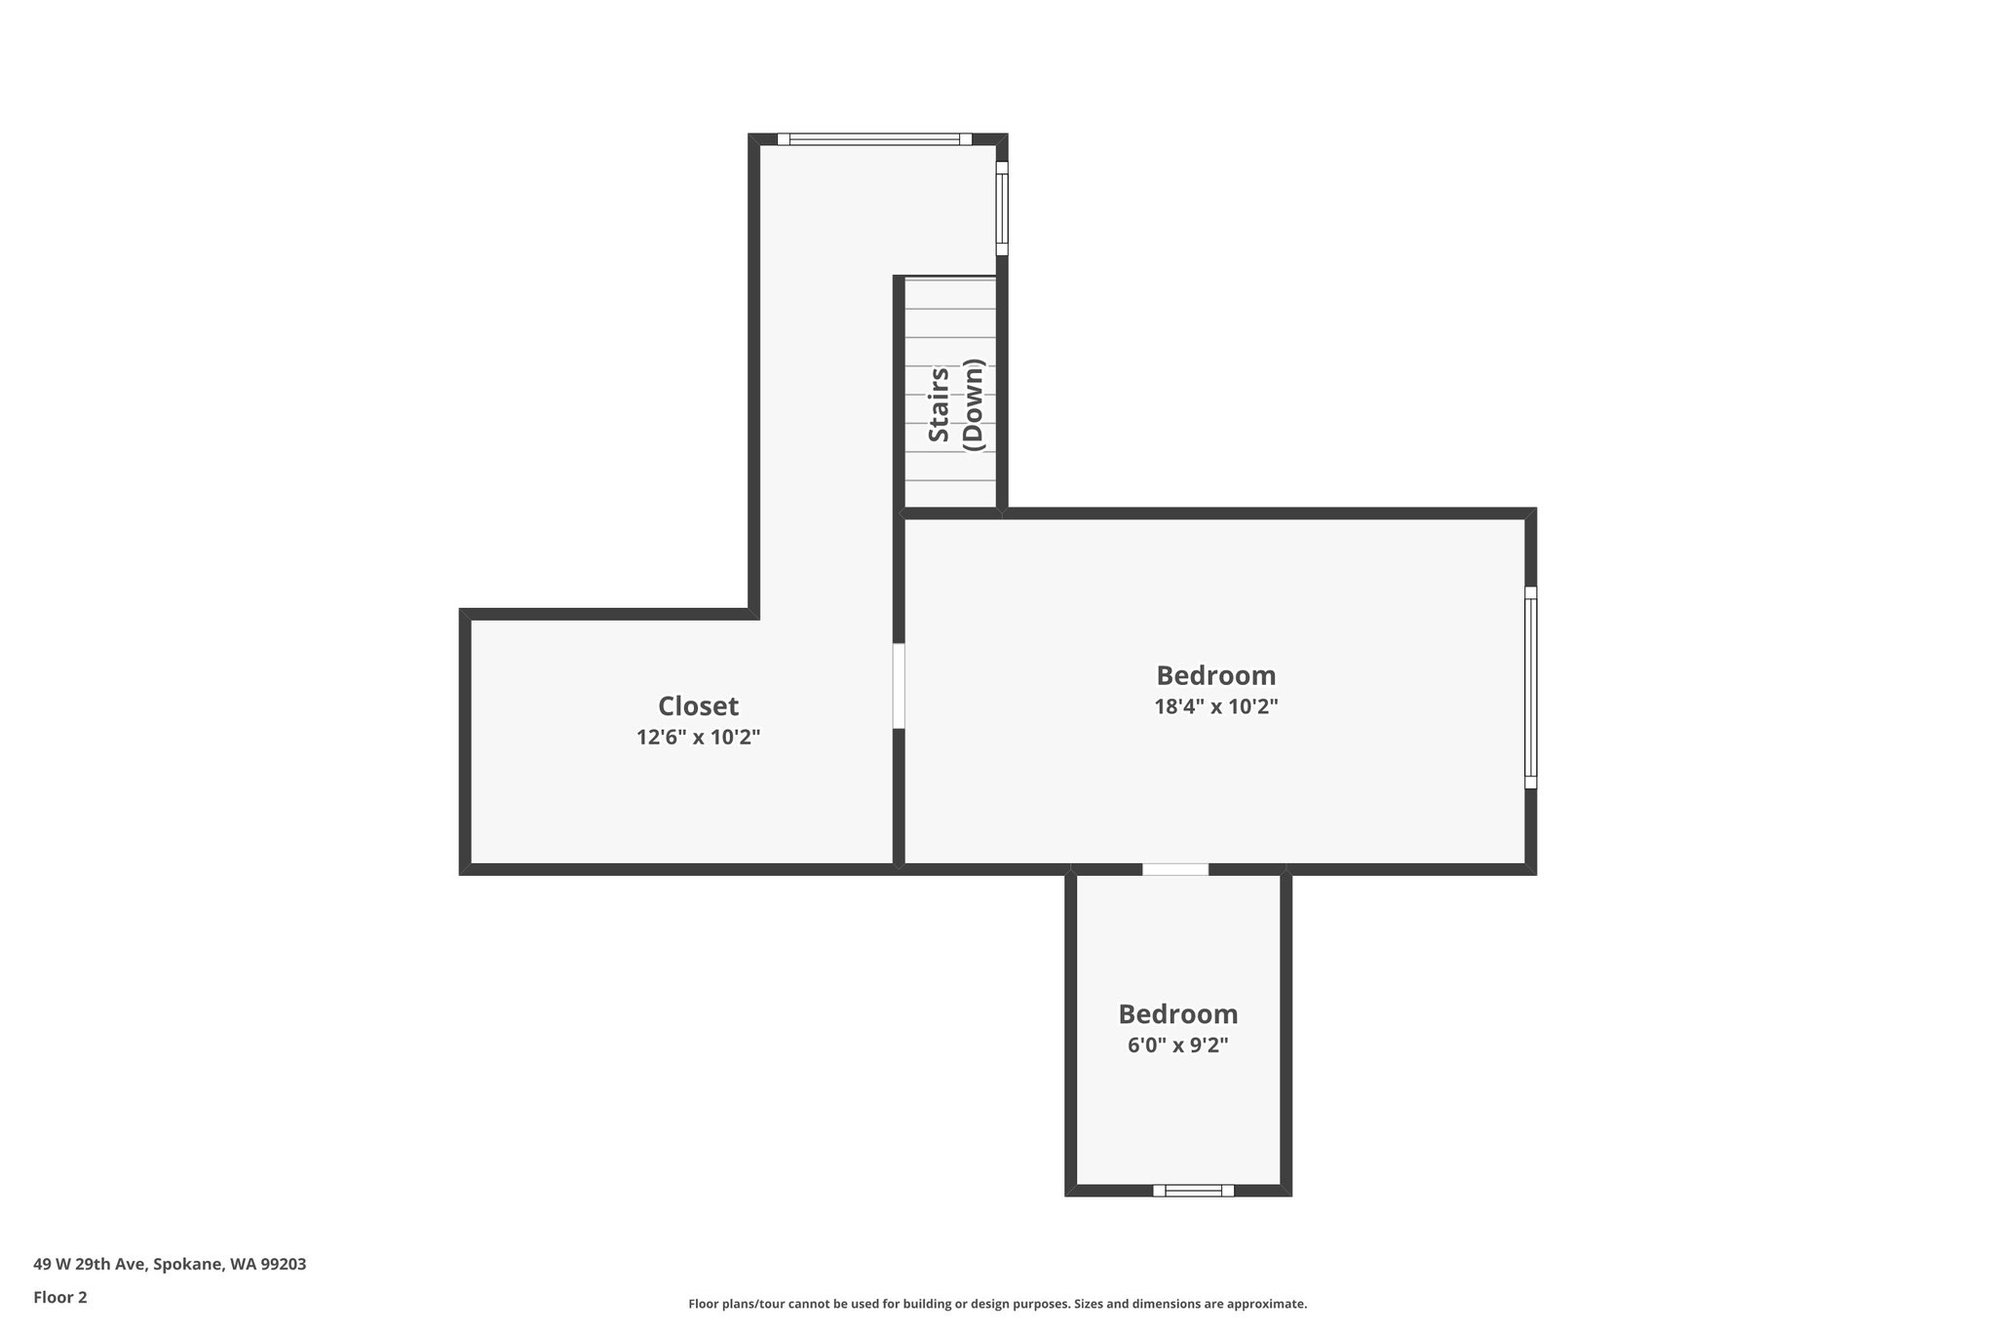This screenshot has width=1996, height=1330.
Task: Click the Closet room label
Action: (x=698, y=706)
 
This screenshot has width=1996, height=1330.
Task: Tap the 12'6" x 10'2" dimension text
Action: (x=698, y=738)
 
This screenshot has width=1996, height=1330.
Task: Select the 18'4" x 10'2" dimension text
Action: (x=1215, y=706)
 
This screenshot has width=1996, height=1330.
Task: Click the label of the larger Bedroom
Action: (x=1215, y=675)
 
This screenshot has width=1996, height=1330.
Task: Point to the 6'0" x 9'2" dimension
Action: (x=1177, y=1045)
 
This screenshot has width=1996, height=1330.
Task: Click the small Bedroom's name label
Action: (x=1177, y=1014)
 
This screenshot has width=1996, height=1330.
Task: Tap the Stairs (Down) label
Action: (x=956, y=405)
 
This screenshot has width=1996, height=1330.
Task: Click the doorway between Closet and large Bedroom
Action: (x=899, y=685)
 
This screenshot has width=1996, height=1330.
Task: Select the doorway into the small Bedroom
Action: (x=1175, y=869)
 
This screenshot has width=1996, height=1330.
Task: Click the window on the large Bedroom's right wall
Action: (x=1530, y=687)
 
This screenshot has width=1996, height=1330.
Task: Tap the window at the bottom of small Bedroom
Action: (x=1193, y=1190)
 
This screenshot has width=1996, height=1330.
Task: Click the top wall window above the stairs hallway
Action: (x=874, y=139)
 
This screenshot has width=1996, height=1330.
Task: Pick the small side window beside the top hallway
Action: (x=1001, y=208)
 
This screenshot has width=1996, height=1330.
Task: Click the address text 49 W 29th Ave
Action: (x=90, y=1265)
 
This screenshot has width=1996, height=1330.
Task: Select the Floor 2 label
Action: (x=60, y=1297)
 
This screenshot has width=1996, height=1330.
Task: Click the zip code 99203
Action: (x=284, y=1265)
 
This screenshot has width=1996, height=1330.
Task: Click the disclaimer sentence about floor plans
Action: (x=997, y=1304)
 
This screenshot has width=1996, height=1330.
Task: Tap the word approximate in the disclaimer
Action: (x=1265, y=1304)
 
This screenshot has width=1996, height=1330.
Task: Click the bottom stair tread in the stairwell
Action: (x=950, y=494)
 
